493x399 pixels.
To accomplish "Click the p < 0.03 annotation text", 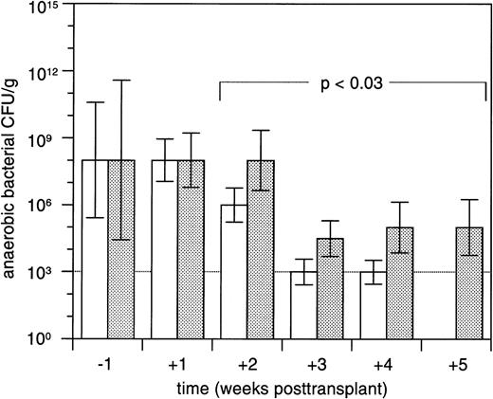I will tap(352, 83).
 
